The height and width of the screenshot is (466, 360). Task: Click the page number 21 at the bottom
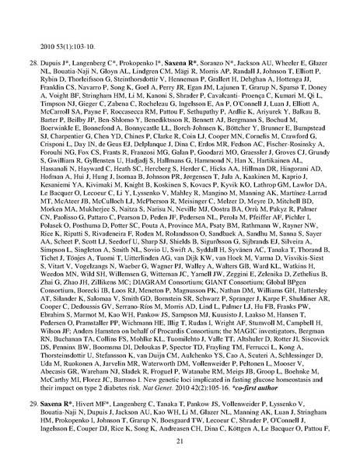click(x=180, y=440)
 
